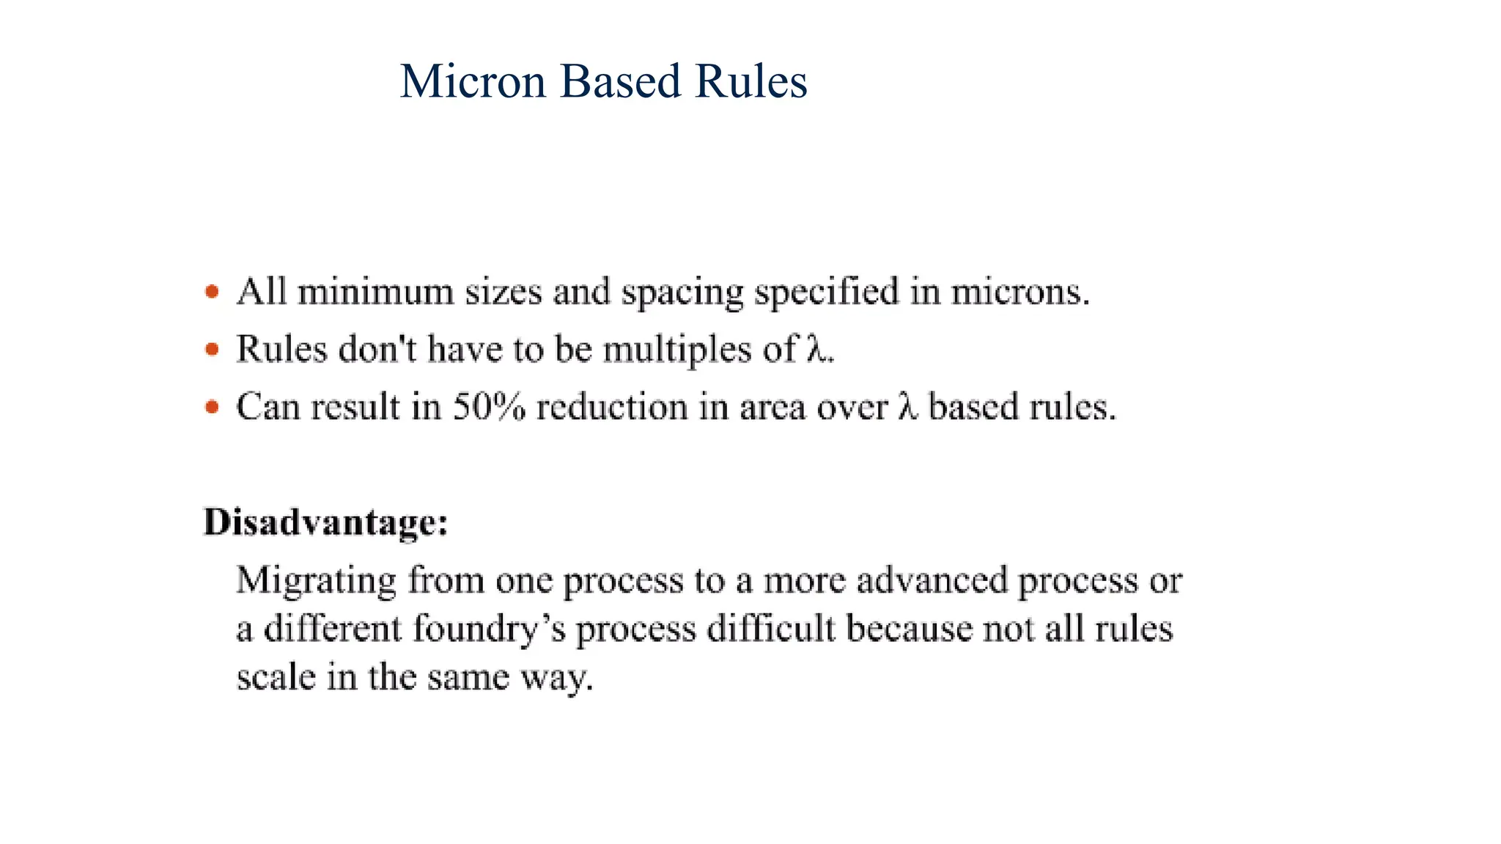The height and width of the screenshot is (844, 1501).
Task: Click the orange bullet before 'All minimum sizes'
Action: (212, 292)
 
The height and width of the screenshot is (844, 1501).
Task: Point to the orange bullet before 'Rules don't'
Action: (212, 349)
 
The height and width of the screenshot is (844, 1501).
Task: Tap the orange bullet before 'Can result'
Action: (212, 407)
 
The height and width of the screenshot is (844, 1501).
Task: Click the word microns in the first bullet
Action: (1019, 292)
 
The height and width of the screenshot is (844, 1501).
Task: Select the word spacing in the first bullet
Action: (682, 294)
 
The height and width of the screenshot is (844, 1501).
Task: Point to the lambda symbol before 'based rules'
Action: (908, 407)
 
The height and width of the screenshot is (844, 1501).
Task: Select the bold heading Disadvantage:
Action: (325, 522)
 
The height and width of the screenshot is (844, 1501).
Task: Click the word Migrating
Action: (316, 581)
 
